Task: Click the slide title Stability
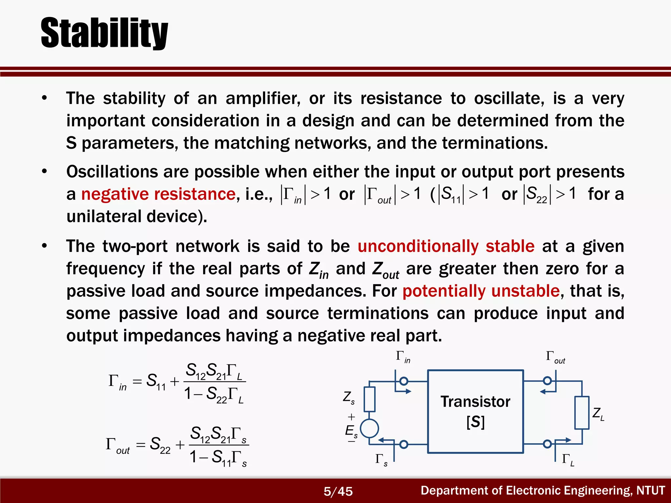(104, 33)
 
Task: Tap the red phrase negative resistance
(158, 194)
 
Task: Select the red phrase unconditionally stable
(446, 246)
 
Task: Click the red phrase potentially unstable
(481, 291)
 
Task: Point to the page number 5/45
(338, 491)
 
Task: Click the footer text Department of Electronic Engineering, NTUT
(543, 491)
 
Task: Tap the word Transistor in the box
(475, 401)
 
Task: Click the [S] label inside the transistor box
(475, 422)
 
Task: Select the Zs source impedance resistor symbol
(370, 399)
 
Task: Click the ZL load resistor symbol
(582, 413)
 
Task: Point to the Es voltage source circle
(370, 428)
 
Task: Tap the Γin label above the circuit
(403, 357)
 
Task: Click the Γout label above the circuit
(555, 357)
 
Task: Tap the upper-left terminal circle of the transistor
(404, 381)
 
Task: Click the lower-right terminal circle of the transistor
(547, 444)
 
